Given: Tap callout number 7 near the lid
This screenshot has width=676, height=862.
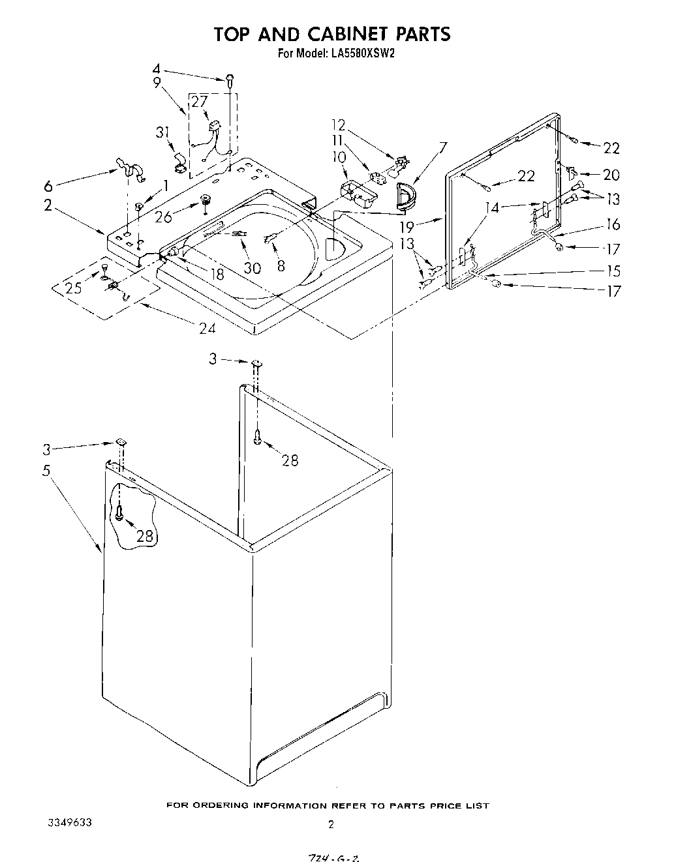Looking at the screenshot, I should coord(443,147).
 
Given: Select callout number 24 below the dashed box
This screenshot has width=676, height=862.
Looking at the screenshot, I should coord(207,328).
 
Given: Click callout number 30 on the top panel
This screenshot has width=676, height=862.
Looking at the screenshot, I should coord(252,267).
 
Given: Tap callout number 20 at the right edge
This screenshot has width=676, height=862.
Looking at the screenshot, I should coord(611,175).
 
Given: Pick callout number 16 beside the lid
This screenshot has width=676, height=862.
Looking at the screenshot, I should coord(612,225).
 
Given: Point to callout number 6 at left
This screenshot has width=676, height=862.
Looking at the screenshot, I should coord(48,185).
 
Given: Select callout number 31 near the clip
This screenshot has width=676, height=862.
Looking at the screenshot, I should coord(162,132).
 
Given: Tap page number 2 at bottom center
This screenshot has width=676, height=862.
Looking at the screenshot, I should coord(331,824).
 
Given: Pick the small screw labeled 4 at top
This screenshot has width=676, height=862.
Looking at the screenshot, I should coord(230,80).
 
